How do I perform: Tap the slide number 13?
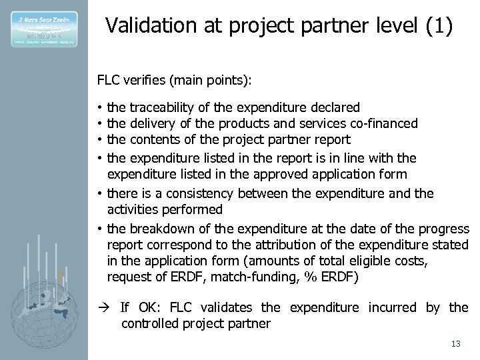pyautogui.click(x=456, y=344)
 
